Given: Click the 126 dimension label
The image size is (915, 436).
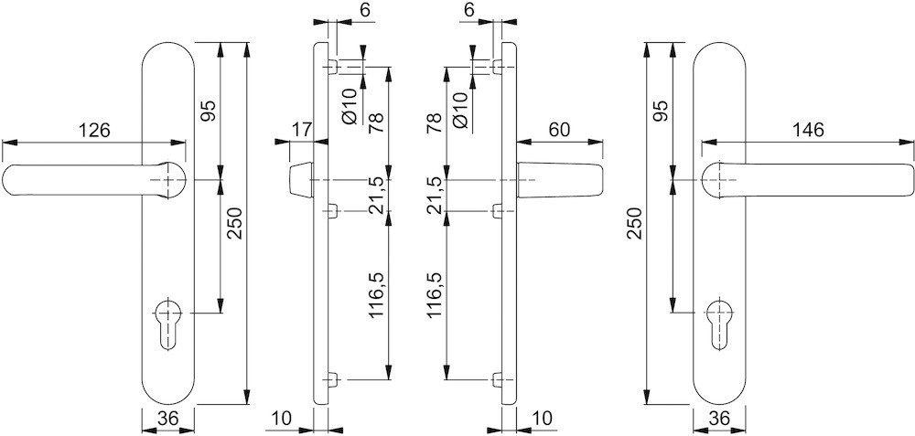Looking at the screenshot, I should point(94,130).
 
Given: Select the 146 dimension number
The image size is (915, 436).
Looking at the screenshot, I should point(807,130).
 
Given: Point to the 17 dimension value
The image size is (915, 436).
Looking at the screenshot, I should point(301,130).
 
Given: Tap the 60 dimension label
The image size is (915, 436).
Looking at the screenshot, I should point(560,130).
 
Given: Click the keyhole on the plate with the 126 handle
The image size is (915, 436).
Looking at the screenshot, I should point(169,322).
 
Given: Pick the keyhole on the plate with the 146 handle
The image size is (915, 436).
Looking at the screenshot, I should point(718,322).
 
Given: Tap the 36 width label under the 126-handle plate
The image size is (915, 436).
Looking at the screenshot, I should point(167,420).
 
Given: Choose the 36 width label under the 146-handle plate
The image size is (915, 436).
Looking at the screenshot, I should point(718,420).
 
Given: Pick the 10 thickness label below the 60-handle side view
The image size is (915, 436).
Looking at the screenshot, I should point(542,419).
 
